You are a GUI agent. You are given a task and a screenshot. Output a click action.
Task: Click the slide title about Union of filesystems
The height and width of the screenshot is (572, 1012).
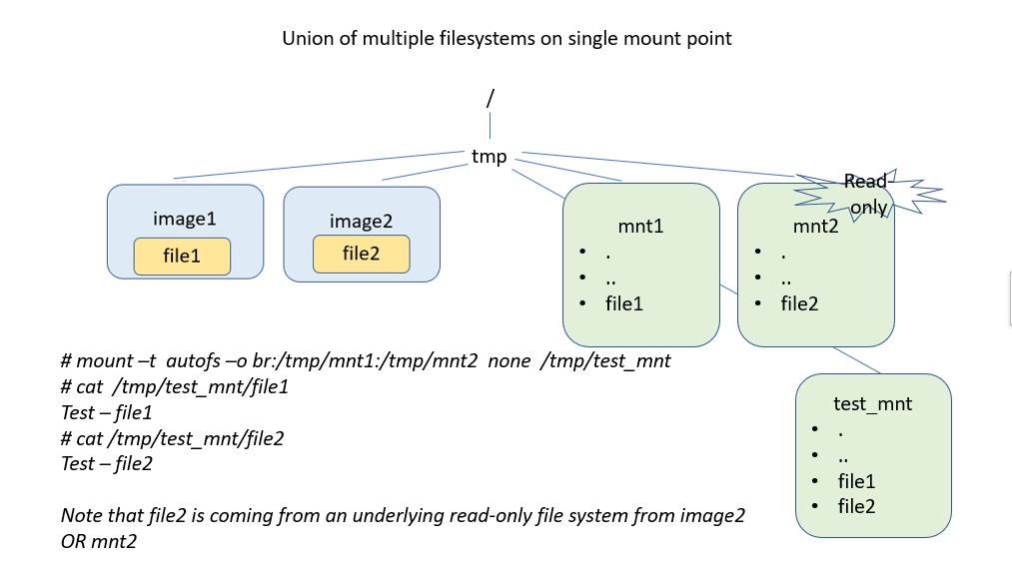(506, 39)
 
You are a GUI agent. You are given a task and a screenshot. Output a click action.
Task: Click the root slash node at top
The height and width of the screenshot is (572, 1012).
(490, 99)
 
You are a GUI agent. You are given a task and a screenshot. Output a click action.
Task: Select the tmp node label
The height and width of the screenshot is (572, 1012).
(490, 157)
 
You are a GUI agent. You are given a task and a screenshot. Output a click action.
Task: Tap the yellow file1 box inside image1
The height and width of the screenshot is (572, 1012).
(182, 257)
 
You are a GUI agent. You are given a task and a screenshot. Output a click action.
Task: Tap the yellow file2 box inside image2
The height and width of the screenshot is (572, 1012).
(361, 254)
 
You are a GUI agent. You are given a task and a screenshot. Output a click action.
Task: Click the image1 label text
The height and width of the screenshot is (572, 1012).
(185, 219)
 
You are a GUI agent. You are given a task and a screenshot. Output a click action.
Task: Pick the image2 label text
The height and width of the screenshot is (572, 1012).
(361, 221)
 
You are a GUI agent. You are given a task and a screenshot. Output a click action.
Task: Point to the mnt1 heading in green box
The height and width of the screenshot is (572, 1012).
(640, 226)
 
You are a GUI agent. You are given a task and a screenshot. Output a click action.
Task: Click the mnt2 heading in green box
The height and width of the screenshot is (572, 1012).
(815, 226)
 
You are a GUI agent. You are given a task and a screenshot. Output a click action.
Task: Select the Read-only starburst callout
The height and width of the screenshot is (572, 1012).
(867, 194)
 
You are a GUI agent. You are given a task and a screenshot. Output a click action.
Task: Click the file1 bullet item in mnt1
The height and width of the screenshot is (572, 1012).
(623, 303)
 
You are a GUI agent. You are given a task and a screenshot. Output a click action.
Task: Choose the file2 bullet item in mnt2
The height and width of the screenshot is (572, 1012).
(799, 303)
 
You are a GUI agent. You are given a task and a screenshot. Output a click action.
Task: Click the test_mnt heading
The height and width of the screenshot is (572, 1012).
(872, 403)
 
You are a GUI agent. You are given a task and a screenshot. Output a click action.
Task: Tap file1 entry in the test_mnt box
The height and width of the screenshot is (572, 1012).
(856, 481)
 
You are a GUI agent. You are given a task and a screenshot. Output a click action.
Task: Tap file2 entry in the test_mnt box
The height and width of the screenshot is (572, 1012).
(856, 506)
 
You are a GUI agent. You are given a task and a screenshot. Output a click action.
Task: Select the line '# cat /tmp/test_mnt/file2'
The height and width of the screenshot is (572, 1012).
(172, 438)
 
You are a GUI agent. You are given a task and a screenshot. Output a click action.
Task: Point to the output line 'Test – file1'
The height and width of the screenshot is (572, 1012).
(107, 412)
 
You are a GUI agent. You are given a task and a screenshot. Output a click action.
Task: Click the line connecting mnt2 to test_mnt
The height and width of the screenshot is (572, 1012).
(856, 361)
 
